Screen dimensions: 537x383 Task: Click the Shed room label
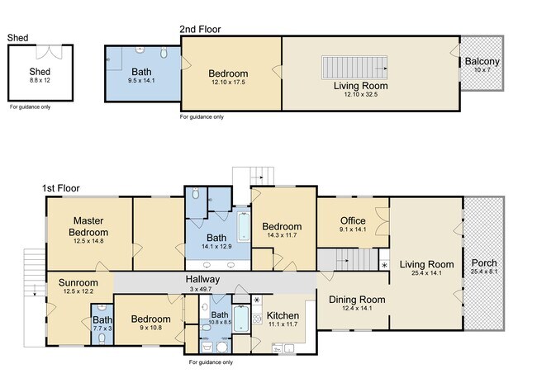(40, 72)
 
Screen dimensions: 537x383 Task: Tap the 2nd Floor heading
(201, 30)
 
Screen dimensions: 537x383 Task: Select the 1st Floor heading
(61, 188)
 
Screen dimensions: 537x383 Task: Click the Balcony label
(482, 62)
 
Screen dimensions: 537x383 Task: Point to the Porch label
(484, 262)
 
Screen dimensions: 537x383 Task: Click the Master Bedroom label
(88, 226)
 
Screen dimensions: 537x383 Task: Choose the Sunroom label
(78, 282)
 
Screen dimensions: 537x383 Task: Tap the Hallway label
(202, 279)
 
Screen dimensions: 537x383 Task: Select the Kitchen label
(283, 315)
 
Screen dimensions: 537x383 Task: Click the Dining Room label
(357, 300)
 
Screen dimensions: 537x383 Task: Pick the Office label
(353, 220)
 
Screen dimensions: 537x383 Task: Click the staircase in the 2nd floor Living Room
(354, 68)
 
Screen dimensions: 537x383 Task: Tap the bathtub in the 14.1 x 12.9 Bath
(244, 227)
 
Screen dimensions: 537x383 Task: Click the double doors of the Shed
(49, 52)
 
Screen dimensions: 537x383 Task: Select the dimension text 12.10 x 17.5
(228, 83)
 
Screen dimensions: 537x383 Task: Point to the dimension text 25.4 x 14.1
(426, 272)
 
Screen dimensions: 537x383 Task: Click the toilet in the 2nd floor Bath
(164, 52)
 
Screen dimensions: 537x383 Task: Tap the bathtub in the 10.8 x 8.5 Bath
(241, 319)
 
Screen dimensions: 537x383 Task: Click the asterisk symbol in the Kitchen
(257, 300)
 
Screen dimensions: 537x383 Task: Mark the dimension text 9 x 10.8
(150, 328)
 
